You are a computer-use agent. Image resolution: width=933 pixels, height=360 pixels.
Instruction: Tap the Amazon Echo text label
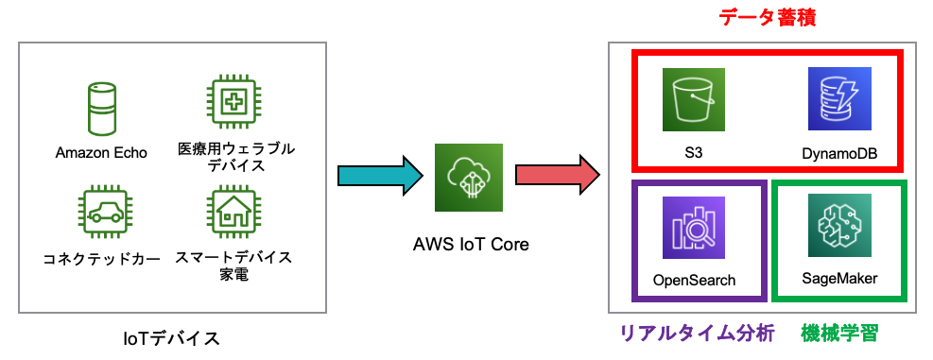point(101,152)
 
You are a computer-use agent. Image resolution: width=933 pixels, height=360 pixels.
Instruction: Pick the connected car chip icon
point(101,214)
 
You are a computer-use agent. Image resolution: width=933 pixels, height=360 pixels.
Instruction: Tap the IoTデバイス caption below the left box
point(172,336)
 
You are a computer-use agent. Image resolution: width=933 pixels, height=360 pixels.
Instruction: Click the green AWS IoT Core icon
point(469,178)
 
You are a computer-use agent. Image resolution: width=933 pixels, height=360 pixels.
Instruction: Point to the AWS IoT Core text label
point(470,244)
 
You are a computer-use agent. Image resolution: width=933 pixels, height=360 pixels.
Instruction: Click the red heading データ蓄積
point(768,17)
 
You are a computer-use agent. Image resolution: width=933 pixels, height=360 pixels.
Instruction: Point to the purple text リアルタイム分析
point(697,333)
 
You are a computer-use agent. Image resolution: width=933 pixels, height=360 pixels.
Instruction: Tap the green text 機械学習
point(839,333)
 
